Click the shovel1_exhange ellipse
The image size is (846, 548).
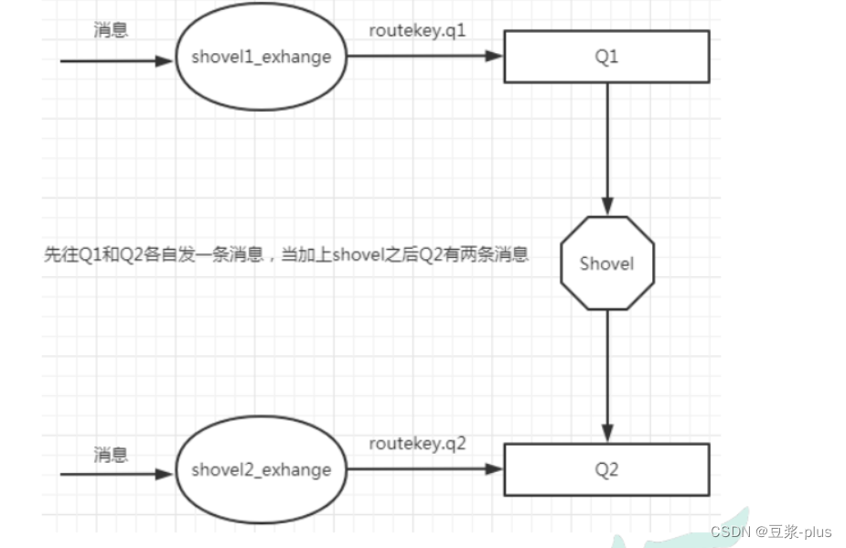[x=261, y=57]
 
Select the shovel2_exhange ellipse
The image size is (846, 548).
[x=261, y=470]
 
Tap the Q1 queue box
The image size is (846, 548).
[x=606, y=57]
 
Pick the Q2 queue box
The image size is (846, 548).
[x=606, y=470]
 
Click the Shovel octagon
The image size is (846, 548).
[x=606, y=263]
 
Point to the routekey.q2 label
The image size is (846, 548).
[x=417, y=444]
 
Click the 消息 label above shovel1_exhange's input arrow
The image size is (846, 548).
[x=111, y=29]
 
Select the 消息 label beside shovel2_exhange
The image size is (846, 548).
[x=111, y=454]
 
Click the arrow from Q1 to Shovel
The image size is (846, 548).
[x=606, y=146]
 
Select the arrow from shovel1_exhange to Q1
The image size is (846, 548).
[x=421, y=56]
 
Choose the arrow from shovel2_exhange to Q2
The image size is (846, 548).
[x=421, y=468]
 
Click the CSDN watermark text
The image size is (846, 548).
[x=730, y=532]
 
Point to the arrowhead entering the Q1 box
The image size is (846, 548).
[x=494, y=56]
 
